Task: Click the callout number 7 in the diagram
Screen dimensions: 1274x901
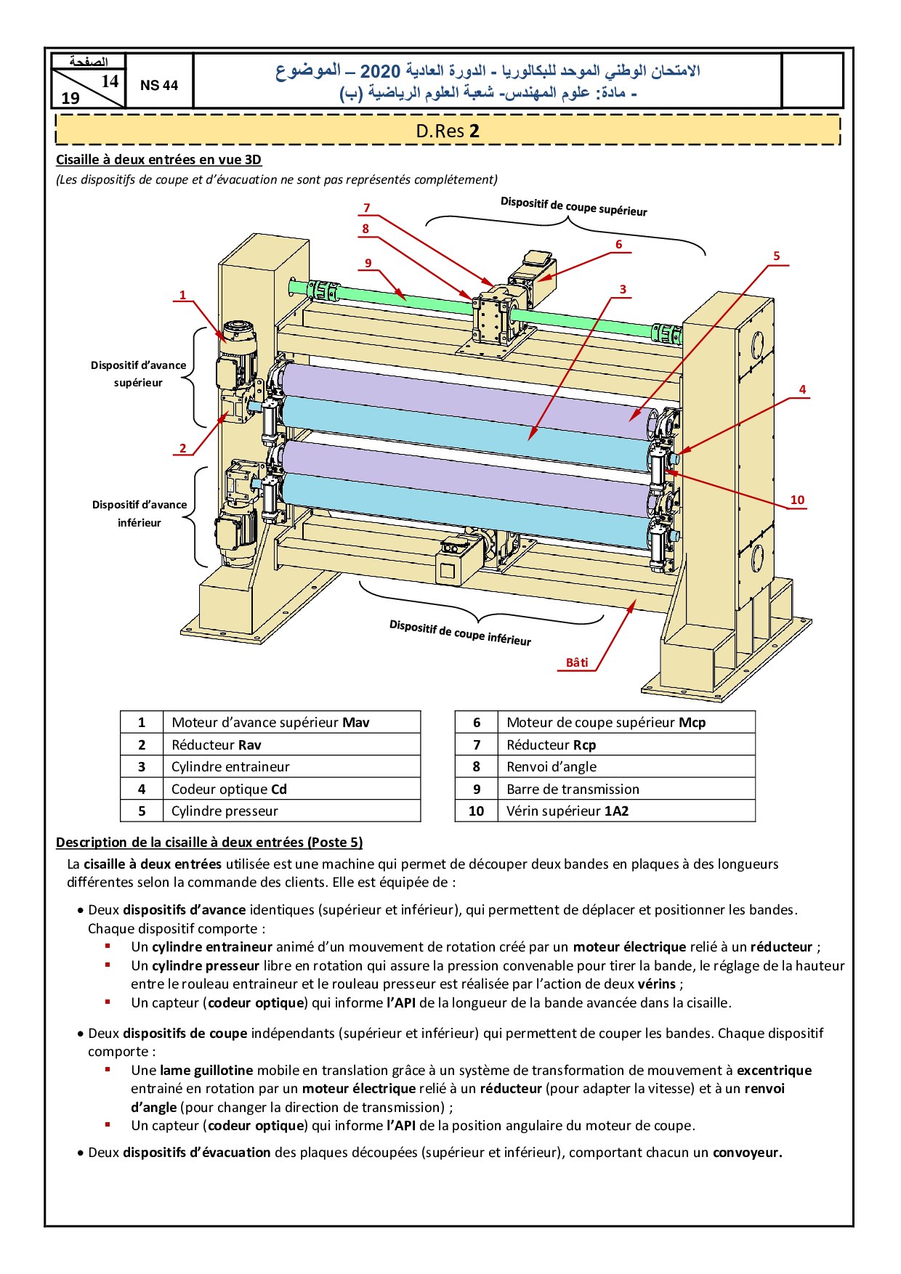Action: click(367, 208)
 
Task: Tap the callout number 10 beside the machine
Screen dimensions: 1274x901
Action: click(797, 500)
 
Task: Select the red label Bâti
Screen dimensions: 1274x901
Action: click(577, 662)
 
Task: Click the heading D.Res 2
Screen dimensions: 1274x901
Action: click(448, 131)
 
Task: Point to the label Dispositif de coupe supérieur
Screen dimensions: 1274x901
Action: click(573, 206)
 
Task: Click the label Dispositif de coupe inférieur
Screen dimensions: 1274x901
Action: click(460, 633)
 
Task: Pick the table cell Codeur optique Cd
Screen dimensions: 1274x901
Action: click(229, 789)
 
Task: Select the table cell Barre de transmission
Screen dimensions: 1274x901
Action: click(573, 789)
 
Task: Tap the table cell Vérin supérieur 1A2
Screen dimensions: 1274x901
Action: click(567, 811)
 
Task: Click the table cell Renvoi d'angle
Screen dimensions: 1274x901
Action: click(551, 766)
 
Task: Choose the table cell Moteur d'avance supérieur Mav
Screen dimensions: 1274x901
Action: click(270, 722)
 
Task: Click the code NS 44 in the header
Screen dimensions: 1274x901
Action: click(159, 85)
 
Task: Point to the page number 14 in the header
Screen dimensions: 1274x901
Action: click(110, 81)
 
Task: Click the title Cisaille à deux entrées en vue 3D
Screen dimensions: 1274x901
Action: click(158, 160)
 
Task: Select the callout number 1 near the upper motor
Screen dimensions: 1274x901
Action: click(183, 295)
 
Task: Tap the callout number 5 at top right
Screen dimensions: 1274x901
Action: click(776, 256)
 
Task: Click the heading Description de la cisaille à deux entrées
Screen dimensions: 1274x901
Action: click(209, 843)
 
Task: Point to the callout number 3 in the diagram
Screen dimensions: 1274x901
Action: click(623, 289)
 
